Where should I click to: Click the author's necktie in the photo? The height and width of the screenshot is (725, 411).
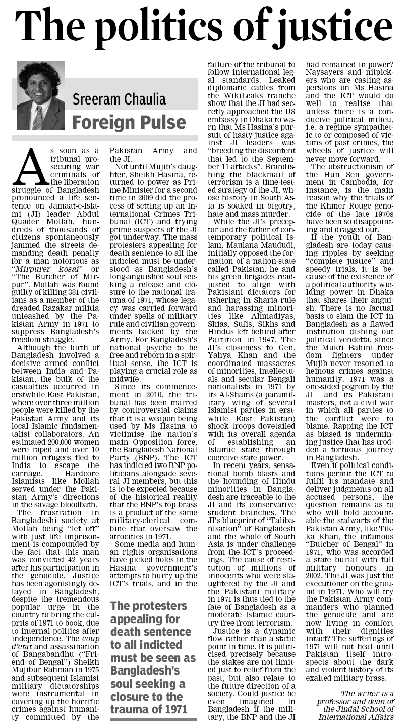point(38,118)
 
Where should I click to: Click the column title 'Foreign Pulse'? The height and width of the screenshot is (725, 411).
point(129,122)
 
